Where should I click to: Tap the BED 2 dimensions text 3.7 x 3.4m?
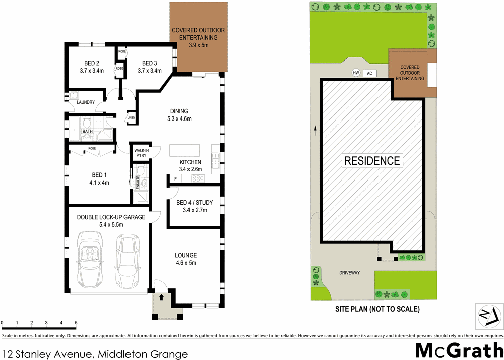(91, 71)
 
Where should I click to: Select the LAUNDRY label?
(85, 102)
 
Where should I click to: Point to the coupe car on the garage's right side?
(127, 259)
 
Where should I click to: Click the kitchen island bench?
(184, 151)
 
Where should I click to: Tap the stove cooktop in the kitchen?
(197, 178)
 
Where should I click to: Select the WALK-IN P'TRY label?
(140, 153)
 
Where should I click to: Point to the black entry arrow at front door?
(161, 297)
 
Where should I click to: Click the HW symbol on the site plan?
(356, 73)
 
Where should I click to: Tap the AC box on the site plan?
(369, 73)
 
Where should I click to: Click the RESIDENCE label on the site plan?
(372, 161)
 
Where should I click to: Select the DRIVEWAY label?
(349, 273)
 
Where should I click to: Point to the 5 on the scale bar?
(76, 322)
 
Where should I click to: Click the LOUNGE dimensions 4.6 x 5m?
(186, 263)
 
